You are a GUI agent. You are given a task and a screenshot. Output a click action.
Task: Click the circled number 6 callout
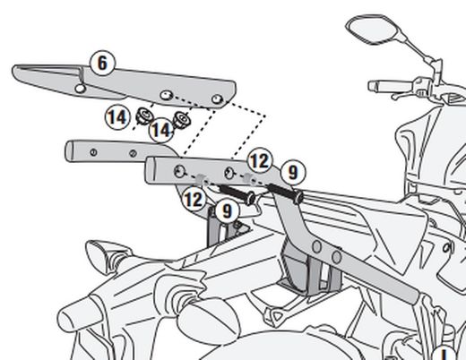click(102, 63)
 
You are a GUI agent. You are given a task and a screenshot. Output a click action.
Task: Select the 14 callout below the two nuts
click(160, 131)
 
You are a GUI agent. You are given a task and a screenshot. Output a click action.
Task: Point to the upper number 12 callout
click(259, 160)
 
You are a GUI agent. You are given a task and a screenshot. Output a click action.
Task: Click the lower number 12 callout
click(194, 198)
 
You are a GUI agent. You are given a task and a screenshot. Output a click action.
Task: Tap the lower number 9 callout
click(228, 211)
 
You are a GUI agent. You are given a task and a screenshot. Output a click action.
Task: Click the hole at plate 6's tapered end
click(81, 89)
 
